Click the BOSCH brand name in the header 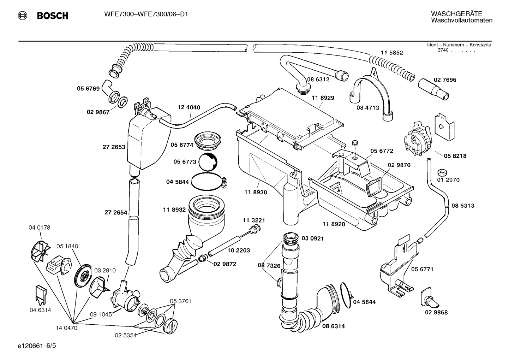click(53, 16)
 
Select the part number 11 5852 click(391, 53)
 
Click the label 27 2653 click(114, 147)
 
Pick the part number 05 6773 click(185, 161)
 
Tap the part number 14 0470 click(66, 328)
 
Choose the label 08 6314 click(333, 326)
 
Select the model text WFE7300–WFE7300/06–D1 click(146, 14)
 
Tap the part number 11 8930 click(256, 192)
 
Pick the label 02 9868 click(436, 312)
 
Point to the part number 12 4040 click(189, 107)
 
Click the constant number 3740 click(443, 50)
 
